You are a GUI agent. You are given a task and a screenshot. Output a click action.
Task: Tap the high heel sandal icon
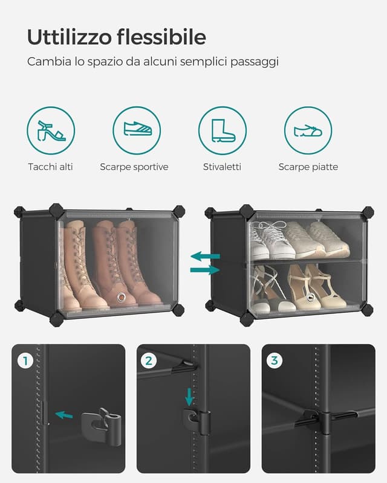click(x=51, y=130)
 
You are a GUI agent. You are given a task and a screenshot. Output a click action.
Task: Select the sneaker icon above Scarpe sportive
click(x=137, y=130)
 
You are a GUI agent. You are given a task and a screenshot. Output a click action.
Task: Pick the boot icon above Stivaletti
click(x=223, y=130)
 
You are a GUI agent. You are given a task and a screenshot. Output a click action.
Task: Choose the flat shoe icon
click(x=308, y=130)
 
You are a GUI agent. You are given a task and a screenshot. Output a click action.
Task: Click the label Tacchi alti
click(x=50, y=167)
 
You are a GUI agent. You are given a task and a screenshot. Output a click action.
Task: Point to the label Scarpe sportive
click(x=134, y=167)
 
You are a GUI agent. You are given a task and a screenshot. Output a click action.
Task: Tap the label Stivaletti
click(x=222, y=167)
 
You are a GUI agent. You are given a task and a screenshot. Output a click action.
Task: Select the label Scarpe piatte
click(x=308, y=167)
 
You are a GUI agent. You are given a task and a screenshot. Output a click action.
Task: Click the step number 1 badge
click(x=25, y=361)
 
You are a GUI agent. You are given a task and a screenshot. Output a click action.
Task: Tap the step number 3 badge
click(x=275, y=361)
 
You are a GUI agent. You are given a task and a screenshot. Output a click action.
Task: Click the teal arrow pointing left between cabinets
click(x=205, y=256)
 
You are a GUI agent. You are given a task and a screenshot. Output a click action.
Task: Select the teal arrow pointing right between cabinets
click(x=205, y=269)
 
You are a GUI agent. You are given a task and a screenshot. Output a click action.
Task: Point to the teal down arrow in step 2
click(x=189, y=397)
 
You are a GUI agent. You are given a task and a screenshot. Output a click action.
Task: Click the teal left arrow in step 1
click(x=63, y=415)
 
